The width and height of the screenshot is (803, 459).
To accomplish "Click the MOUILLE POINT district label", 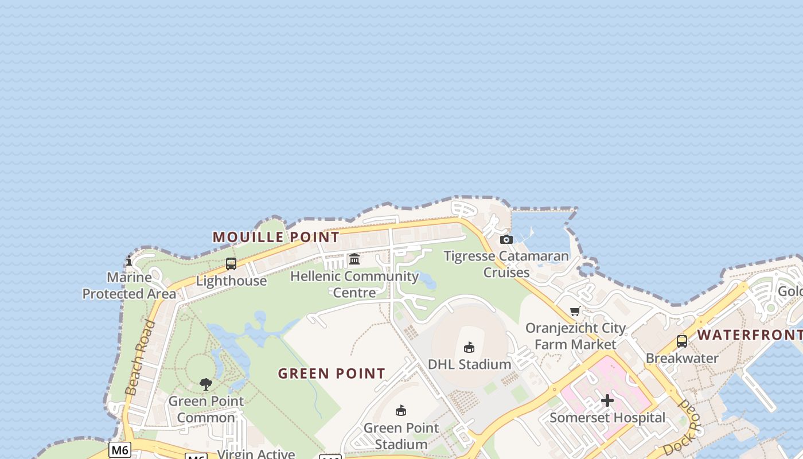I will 276,237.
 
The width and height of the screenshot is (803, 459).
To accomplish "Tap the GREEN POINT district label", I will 332,374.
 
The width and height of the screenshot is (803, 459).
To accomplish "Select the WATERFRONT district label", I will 749,335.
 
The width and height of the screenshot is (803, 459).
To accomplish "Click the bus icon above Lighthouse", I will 231,264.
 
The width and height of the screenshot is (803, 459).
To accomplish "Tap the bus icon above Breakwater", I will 682,341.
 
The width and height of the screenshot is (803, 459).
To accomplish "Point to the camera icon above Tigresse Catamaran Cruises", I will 506,239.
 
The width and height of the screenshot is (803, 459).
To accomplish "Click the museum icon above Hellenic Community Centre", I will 354,259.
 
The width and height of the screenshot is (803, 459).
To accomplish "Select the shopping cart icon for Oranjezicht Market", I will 575,311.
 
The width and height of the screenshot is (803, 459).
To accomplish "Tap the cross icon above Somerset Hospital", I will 607,400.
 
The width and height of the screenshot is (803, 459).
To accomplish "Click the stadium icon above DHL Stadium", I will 469,347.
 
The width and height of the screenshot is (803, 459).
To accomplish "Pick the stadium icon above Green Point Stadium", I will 401,411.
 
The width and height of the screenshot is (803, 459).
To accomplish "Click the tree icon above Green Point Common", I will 206,384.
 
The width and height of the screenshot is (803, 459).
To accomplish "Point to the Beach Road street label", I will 140,358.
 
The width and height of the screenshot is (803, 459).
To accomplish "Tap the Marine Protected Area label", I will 129,286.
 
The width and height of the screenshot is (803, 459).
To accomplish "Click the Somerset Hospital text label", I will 607,418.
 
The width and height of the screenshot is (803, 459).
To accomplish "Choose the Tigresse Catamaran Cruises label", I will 506,264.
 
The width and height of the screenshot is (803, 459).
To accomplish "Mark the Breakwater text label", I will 682,359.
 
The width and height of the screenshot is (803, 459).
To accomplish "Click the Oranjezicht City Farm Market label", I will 575,336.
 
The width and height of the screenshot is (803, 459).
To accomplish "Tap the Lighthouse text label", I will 231,281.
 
